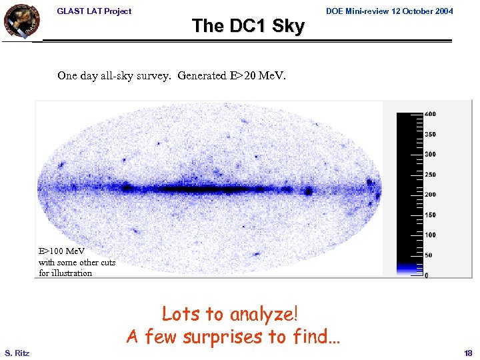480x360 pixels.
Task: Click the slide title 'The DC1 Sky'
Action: point(248,26)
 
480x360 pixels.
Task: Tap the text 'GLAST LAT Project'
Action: point(94,11)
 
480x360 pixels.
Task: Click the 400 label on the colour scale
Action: point(431,113)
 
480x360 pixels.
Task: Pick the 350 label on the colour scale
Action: point(431,134)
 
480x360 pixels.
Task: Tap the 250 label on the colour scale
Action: point(431,174)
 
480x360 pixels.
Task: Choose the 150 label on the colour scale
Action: point(431,215)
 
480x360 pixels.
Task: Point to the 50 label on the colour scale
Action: point(429,255)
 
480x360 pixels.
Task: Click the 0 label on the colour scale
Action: point(427,275)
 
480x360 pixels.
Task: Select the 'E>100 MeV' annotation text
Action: point(61,251)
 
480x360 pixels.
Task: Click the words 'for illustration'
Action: point(65,273)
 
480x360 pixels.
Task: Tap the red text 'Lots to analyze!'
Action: point(230,313)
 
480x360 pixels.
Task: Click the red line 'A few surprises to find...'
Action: point(233,336)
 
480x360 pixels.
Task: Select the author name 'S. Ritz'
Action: point(16,352)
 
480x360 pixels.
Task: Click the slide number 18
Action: point(467,352)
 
